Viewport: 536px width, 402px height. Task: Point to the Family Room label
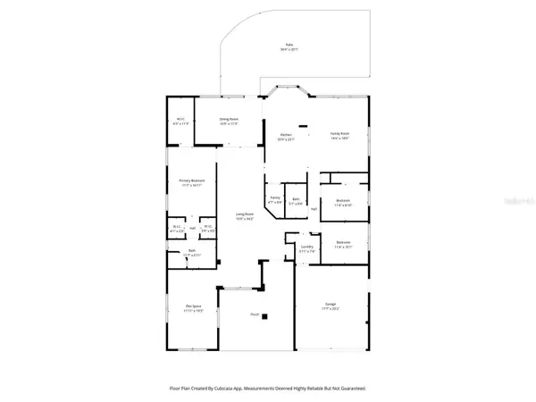(339, 135)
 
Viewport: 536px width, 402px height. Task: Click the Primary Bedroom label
(193, 182)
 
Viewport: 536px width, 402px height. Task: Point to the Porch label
(255, 314)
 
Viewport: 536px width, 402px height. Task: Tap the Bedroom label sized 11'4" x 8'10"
(343, 202)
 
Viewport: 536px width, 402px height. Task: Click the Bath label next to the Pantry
(296, 201)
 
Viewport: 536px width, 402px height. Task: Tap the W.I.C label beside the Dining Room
(180, 121)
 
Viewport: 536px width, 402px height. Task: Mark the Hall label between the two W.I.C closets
(192, 227)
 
